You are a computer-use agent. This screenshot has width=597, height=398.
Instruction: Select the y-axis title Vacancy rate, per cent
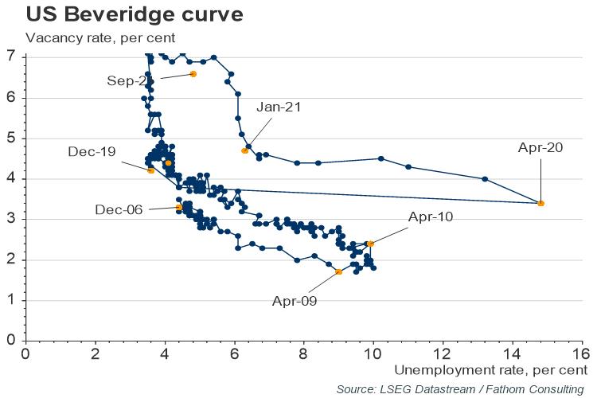pos(100,37)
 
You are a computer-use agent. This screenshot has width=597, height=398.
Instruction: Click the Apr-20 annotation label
pos(541,147)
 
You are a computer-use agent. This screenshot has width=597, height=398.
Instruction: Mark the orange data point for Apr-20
pos(541,203)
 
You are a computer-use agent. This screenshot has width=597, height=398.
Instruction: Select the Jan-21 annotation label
pos(279,107)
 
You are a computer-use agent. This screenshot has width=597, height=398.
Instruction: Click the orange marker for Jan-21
pos(244,150)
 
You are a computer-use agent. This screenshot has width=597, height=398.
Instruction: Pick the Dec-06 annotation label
pos(120,209)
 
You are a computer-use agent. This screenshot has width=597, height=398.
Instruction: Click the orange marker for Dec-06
pos(178,208)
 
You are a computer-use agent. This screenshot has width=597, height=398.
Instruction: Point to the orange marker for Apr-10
pos(370,244)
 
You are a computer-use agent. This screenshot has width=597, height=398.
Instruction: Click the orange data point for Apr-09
pos(339,272)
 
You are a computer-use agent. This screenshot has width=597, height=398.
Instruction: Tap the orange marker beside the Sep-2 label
pos(193,74)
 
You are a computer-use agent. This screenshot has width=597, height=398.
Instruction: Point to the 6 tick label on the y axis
pos(11,98)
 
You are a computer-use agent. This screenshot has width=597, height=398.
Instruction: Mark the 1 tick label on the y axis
pos(11,300)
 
